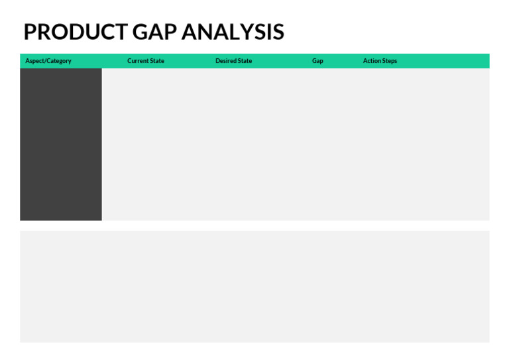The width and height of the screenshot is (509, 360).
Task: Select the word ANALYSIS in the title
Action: click(x=233, y=32)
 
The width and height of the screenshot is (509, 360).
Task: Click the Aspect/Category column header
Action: click(x=48, y=61)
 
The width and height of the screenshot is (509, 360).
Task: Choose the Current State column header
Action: click(x=146, y=61)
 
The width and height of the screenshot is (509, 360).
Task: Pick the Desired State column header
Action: click(x=233, y=61)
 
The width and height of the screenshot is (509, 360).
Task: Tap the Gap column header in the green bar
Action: click(x=317, y=61)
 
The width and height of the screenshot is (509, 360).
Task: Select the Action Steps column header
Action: click(x=380, y=61)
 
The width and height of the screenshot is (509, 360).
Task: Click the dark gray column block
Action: click(x=61, y=144)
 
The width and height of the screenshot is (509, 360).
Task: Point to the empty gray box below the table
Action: click(x=254, y=286)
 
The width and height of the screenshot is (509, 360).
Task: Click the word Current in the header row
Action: click(x=138, y=61)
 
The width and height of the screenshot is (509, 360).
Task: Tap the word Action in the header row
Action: click(x=372, y=61)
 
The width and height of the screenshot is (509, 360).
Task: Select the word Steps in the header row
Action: click(x=389, y=61)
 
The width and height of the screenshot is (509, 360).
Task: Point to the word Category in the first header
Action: click(x=58, y=61)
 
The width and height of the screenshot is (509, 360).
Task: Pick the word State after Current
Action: click(x=157, y=61)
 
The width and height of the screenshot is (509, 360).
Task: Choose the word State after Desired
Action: click(x=245, y=61)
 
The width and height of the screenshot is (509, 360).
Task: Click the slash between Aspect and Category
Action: click(x=44, y=61)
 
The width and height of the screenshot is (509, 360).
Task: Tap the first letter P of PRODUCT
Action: click(x=30, y=32)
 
